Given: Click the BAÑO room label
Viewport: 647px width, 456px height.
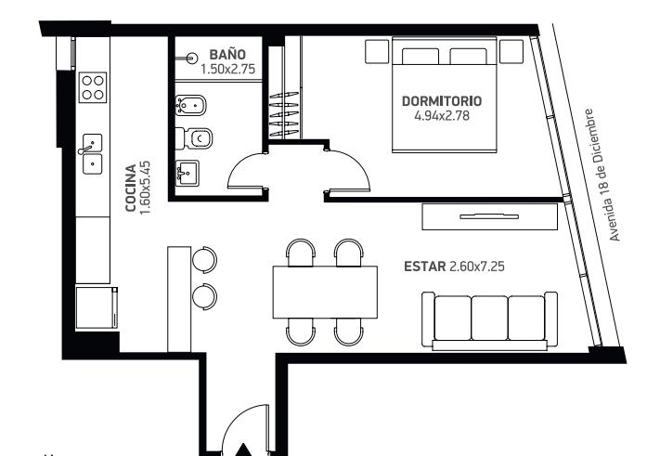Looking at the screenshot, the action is (227, 55).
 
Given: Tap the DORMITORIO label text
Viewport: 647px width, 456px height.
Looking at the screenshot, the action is (442, 101).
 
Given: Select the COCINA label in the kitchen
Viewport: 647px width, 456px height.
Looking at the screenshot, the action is (131, 189).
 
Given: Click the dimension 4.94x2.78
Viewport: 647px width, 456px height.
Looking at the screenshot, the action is (442, 115).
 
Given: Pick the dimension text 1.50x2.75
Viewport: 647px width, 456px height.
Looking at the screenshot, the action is (227, 69).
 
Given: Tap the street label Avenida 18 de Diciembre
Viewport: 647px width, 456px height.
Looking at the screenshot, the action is (603, 175).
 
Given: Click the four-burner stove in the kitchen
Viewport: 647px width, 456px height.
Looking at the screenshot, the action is (93, 87).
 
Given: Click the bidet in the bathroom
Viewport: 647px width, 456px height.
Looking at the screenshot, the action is (190, 106).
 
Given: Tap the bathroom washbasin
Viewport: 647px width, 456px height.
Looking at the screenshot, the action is (188, 174).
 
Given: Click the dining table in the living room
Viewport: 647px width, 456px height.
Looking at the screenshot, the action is (325, 293).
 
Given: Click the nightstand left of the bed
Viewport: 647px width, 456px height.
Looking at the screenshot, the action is (377, 51).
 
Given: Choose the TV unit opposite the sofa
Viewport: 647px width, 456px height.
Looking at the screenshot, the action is (490, 216).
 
